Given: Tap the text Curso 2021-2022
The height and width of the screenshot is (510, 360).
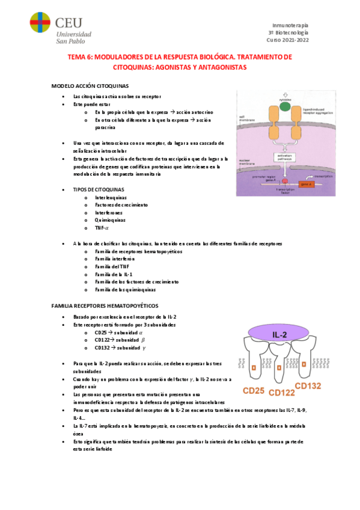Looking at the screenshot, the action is pos(287,40).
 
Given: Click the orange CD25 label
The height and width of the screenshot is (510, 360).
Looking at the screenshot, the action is pos(253,390).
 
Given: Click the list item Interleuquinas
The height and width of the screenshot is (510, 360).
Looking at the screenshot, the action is pos(111,197).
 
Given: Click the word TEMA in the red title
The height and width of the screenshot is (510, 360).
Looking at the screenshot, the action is pos(78,57).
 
